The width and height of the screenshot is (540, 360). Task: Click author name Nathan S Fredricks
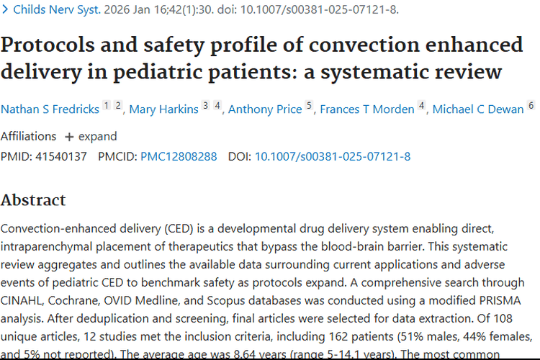coord(50,109)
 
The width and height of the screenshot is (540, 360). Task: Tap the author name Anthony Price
coord(265,109)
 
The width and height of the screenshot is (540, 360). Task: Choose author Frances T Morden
coord(367,109)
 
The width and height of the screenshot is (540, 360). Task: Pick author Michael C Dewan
coord(477,109)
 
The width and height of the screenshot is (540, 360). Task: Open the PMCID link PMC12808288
coord(179,156)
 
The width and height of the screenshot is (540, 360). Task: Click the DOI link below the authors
coord(333,156)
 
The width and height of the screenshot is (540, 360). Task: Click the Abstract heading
coord(33,200)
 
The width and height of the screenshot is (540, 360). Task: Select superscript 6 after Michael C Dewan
coord(531,105)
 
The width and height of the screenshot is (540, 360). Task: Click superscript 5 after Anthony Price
coord(309,105)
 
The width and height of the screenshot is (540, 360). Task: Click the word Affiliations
coord(28,137)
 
